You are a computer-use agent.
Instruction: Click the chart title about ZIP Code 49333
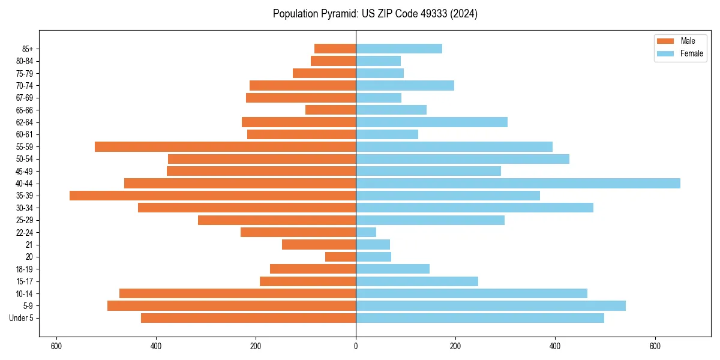[375, 14]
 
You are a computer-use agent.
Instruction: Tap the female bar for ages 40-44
[518, 184]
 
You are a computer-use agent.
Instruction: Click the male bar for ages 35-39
[212, 196]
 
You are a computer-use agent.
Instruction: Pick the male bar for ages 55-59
[225, 147]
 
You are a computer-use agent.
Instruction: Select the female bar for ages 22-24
[366, 232]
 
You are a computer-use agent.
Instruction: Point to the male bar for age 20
[340, 257]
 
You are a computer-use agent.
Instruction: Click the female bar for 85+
[399, 49]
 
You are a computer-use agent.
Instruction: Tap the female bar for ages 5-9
[491, 306]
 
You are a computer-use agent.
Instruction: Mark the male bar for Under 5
[248, 318]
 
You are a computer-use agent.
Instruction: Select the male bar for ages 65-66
[331, 110]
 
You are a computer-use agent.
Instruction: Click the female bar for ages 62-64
[431, 122]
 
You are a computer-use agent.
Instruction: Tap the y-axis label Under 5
[22, 318]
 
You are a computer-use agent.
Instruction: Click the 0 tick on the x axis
[356, 346]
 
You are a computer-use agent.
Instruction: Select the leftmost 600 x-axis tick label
[56, 346]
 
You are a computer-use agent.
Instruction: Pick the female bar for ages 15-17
[417, 281]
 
